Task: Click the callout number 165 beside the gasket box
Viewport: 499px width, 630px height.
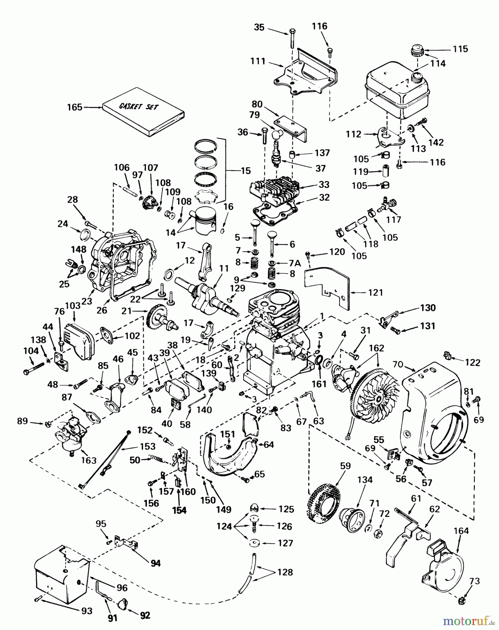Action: pyautogui.click(x=75, y=107)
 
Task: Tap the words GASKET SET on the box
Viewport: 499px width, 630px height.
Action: pyautogui.click(x=139, y=105)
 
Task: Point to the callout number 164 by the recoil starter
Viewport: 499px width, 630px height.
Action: pyautogui.click(x=461, y=531)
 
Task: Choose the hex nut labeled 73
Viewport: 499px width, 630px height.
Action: pyautogui.click(x=462, y=601)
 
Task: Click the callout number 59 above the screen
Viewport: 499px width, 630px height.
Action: pyautogui.click(x=345, y=466)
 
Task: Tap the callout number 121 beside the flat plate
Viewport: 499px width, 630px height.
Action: pyautogui.click(x=375, y=292)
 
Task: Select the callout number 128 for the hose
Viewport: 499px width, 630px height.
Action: pyautogui.click(x=285, y=572)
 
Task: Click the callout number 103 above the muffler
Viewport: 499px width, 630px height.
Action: pyautogui.click(x=73, y=305)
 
